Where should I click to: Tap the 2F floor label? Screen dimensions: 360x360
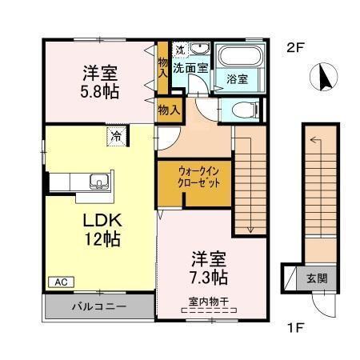pos(297,47)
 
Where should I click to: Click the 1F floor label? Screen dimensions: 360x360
pos(297,329)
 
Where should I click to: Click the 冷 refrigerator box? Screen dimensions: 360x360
pos(117,135)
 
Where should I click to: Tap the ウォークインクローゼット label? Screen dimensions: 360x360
pos(193,177)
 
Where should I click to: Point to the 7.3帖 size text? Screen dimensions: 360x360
pos(210,278)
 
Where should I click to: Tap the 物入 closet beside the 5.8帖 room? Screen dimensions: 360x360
pos(162,64)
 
